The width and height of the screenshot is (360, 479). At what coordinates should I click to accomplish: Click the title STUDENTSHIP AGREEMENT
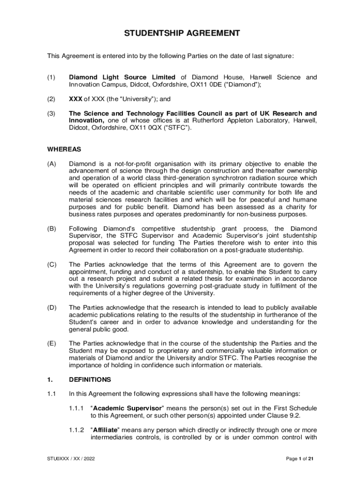[182, 33]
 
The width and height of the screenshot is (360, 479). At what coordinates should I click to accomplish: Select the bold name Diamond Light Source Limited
[122, 77]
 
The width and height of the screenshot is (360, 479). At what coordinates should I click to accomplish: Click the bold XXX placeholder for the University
[75, 99]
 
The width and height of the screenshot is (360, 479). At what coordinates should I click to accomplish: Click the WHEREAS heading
[64, 150]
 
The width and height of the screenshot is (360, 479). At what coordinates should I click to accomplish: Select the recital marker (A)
[51, 164]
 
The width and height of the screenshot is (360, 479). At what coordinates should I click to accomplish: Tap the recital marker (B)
[51, 228]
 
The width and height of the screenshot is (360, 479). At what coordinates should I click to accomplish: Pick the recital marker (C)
[51, 264]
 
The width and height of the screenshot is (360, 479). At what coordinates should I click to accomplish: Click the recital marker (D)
[51, 307]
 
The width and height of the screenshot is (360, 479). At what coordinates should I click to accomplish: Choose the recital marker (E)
[51, 343]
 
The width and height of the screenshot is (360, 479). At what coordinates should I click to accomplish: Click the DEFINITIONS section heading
[90, 379]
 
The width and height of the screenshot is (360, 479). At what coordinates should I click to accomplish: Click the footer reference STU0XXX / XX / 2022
[71, 459]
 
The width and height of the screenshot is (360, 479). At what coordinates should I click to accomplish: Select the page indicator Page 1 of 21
[300, 459]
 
